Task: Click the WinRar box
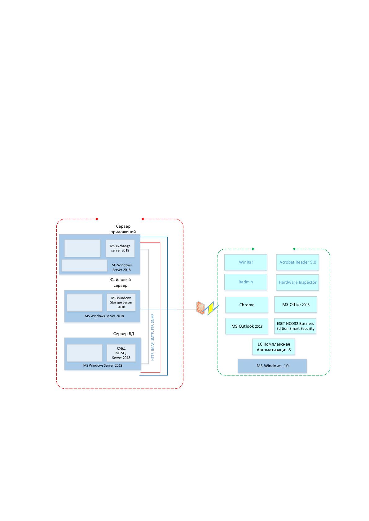click(x=245, y=262)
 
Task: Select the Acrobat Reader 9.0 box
click(x=297, y=262)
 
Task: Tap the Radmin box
click(x=245, y=282)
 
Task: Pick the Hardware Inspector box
click(x=297, y=282)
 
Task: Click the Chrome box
click(x=247, y=305)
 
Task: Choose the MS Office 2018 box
click(x=296, y=304)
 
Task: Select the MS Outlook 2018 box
click(x=247, y=326)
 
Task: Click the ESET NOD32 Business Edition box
click(x=295, y=326)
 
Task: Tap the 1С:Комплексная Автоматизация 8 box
click(x=274, y=347)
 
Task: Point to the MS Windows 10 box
click(x=272, y=366)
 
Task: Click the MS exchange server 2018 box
click(x=120, y=248)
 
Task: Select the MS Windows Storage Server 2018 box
click(x=121, y=302)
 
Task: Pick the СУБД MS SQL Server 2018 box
click(x=121, y=353)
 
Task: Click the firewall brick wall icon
click(x=200, y=308)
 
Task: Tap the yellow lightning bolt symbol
click(x=211, y=308)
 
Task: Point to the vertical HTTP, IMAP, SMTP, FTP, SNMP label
click(x=152, y=337)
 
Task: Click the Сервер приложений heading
click(x=123, y=229)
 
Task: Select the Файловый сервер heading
click(x=121, y=282)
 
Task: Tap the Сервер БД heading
click(x=124, y=334)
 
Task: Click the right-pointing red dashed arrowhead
click(x=98, y=219)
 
